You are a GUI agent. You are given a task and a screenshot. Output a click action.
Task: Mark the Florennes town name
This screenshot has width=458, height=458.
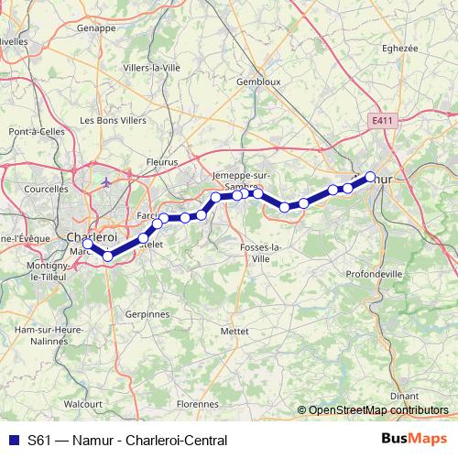click(x=196, y=402)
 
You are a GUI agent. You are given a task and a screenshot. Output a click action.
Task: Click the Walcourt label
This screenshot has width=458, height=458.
click(x=82, y=401)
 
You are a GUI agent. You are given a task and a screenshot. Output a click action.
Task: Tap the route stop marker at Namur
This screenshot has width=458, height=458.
click(x=370, y=177)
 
